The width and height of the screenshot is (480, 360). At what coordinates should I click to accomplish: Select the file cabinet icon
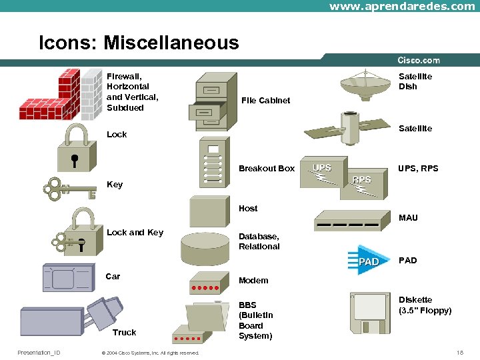tap(213, 102)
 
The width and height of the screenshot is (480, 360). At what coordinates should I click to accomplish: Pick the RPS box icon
tap(362, 185)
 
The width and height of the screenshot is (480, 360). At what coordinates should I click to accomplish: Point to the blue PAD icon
tap(364, 261)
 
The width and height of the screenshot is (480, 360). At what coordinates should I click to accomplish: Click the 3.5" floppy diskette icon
tap(371, 313)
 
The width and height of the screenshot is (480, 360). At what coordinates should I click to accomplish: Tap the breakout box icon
tap(213, 163)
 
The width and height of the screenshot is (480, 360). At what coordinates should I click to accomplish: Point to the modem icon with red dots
tap(206, 283)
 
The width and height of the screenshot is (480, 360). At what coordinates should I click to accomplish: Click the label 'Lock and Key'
tap(135, 232)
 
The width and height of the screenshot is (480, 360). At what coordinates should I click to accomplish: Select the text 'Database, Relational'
tap(259, 241)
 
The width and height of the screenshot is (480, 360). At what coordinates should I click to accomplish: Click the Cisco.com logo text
tap(419, 61)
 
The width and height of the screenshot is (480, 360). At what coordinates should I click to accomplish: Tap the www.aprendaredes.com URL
tap(402, 6)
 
